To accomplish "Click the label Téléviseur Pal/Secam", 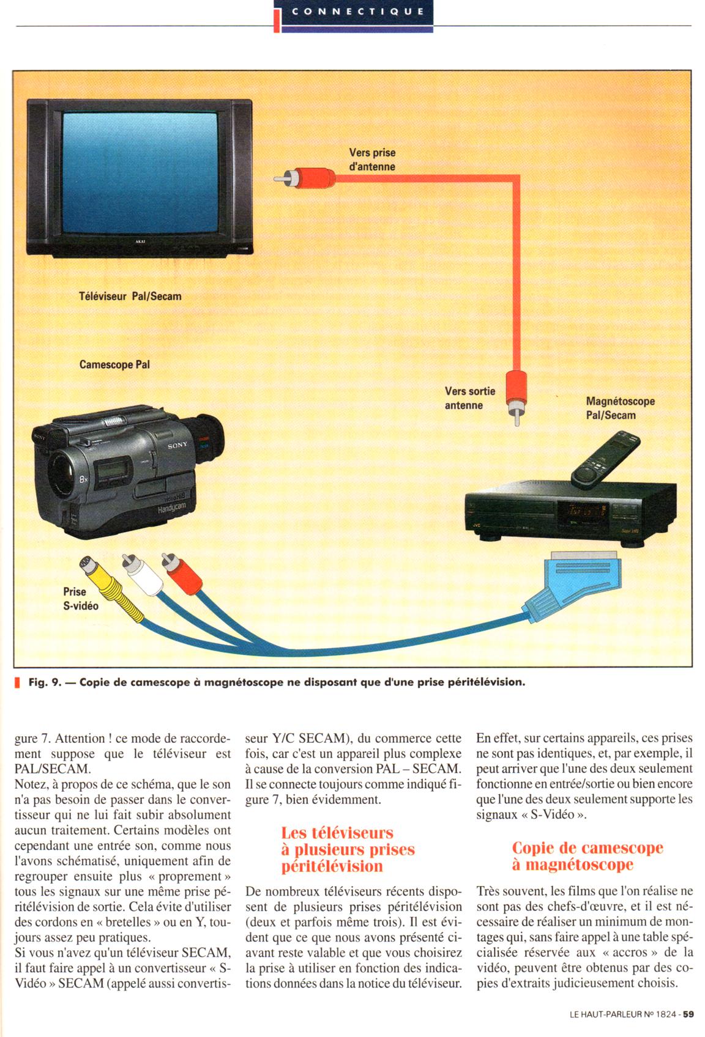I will [x=130, y=297].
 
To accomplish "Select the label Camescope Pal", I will [x=114, y=365].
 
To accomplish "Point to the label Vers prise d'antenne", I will [x=372, y=160].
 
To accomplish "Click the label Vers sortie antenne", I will [x=470, y=398].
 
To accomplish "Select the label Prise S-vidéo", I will [x=80, y=599].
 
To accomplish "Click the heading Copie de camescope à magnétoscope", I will [x=587, y=856].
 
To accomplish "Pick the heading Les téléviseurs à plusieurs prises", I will [x=348, y=849].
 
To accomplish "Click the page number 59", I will [x=688, y=1014].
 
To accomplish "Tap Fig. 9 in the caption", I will [x=45, y=682].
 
